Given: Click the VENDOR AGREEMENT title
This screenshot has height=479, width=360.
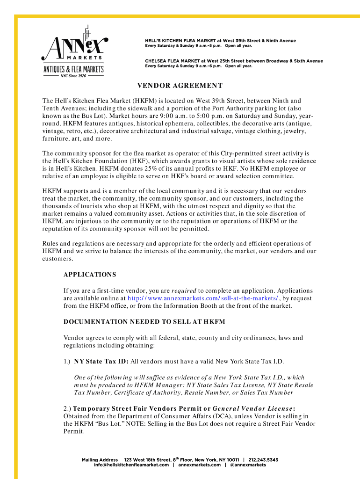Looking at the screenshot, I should click(x=180, y=86).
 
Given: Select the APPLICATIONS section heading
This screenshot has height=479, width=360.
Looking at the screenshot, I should click(x=90, y=275).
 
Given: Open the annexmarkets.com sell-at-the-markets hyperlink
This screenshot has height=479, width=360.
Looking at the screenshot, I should click(x=203, y=298).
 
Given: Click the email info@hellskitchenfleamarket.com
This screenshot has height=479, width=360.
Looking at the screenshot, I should click(x=131, y=465).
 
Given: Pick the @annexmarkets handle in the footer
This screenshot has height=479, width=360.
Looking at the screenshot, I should click(x=248, y=465).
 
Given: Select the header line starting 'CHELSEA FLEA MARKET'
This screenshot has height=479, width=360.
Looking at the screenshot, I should click(x=234, y=61).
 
